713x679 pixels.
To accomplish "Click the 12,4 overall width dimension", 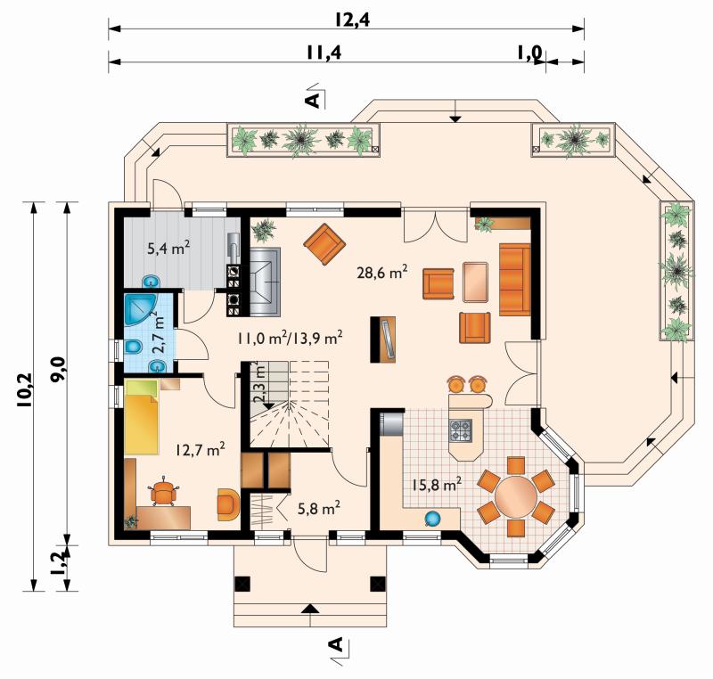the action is click(x=353, y=20).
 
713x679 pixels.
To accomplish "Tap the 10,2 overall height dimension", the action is click(x=25, y=389).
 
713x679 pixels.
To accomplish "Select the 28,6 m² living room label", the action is click(x=381, y=273).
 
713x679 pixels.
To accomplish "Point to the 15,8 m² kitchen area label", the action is click(x=437, y=484).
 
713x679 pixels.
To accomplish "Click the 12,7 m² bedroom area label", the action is click(x=201, y=450).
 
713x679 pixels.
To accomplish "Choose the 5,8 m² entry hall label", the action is click(x=319, y=508).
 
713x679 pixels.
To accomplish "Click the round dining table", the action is click(x=516, y=496).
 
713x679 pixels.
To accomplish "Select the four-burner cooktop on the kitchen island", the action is click(x=461, y=430).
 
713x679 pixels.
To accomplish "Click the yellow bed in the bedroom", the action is click(x=142, y=417).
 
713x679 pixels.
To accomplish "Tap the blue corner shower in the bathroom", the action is click(x=140, y=309).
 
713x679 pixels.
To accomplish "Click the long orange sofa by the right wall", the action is click(x=515, y=279).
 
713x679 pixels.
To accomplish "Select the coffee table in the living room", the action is click(x=476, y=282).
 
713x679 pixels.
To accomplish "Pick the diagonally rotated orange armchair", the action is click(x=324, y=244).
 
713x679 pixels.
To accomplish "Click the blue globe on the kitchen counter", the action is click(x=432, y=519).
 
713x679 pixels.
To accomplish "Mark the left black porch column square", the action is click(x=242, y=584).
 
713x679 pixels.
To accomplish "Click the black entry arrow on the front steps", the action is click(x=309, y=609).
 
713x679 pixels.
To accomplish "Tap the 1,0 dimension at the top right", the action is click(x=529, y=53).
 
